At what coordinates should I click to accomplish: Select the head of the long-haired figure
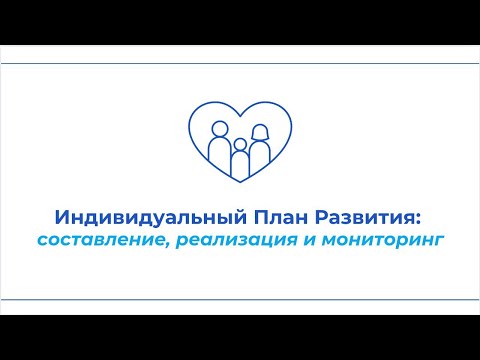coord(260,131)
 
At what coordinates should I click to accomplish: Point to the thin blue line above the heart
coord(240,63)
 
